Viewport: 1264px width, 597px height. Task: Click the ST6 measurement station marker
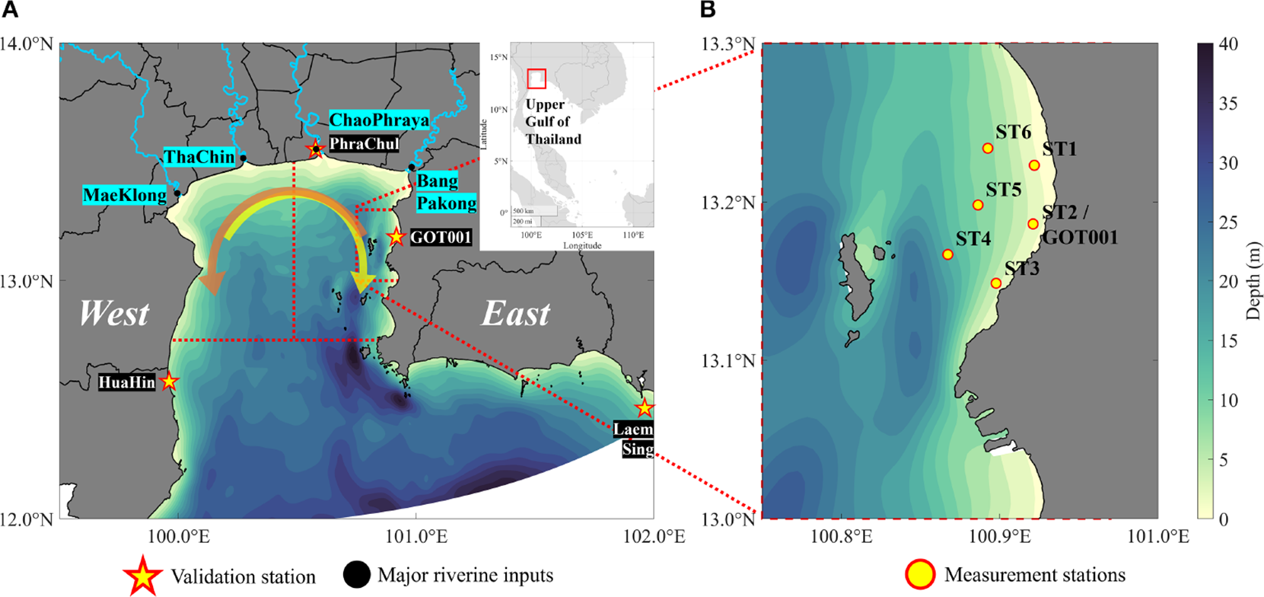[988, 148]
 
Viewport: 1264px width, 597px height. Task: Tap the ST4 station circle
[947, 254]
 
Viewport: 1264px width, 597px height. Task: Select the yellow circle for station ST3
[995, 283]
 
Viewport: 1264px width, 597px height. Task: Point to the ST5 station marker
[978, 205]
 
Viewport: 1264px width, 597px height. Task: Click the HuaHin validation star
[169, 382]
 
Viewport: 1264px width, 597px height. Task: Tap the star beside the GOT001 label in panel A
[396, 237]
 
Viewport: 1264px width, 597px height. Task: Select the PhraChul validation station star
[316, 148]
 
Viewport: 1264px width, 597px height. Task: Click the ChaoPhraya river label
[379, 120]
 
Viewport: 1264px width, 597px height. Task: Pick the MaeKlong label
[125, 195]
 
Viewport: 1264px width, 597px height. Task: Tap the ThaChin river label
[199, 157]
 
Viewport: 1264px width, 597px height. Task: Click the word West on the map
[114, 313]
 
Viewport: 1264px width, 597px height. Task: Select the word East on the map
[515, 313]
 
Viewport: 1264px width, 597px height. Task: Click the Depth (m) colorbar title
[1253, 282]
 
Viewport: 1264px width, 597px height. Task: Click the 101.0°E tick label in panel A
[415, 537]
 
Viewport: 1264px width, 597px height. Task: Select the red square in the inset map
[536, 78]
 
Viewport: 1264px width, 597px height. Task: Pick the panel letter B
[708, 10]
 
